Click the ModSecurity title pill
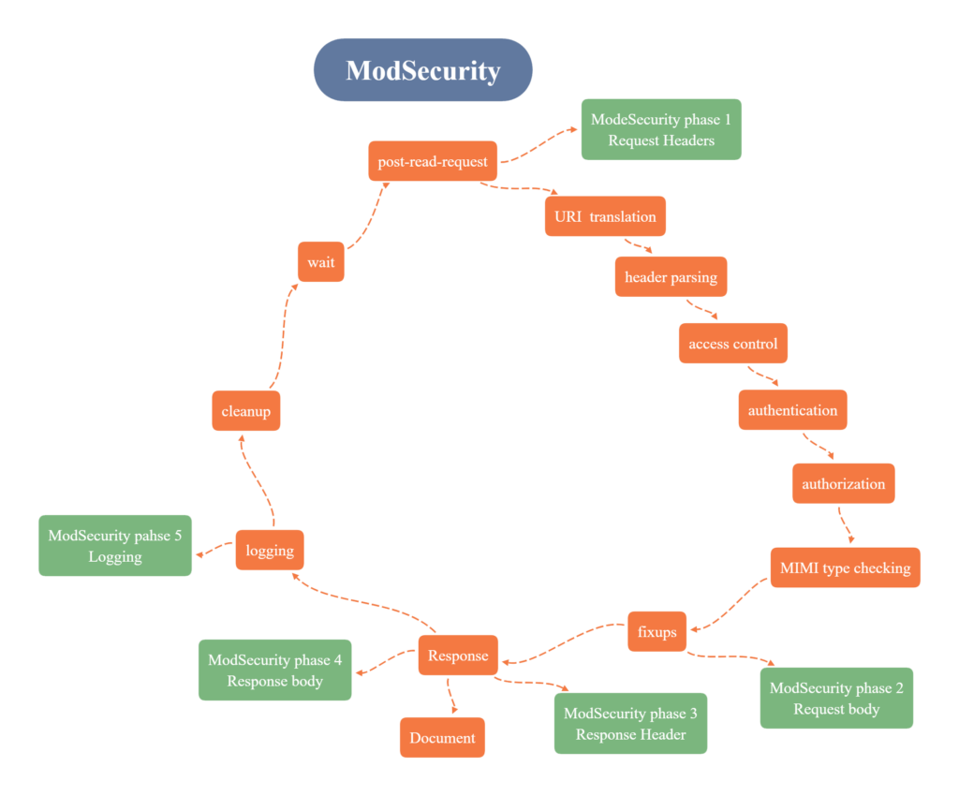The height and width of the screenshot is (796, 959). [422, 70]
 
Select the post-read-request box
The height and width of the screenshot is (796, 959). [433, 161]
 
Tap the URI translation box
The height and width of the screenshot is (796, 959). [605, 216]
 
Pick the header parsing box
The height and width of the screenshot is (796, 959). [671, 277]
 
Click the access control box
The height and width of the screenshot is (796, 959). [732, 344]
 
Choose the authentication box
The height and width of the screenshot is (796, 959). [792, 410]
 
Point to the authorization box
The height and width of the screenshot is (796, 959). [843, 484]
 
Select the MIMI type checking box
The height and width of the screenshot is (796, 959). [845, 568]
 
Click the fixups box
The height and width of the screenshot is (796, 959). [657, 631]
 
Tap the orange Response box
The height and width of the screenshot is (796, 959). [458, 656]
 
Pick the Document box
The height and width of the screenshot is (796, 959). [442, 738]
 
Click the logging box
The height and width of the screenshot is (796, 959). [270, 551]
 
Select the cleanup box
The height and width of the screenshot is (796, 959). [245, 411]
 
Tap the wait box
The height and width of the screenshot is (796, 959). [320, 262]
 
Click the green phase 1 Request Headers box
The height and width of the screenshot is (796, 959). [661, 130]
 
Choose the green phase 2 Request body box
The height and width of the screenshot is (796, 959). [836, 699]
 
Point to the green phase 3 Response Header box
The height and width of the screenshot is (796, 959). [630, 724]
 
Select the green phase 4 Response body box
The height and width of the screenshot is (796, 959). [274, 671]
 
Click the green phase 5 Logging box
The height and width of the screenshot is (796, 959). [115, 546]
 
